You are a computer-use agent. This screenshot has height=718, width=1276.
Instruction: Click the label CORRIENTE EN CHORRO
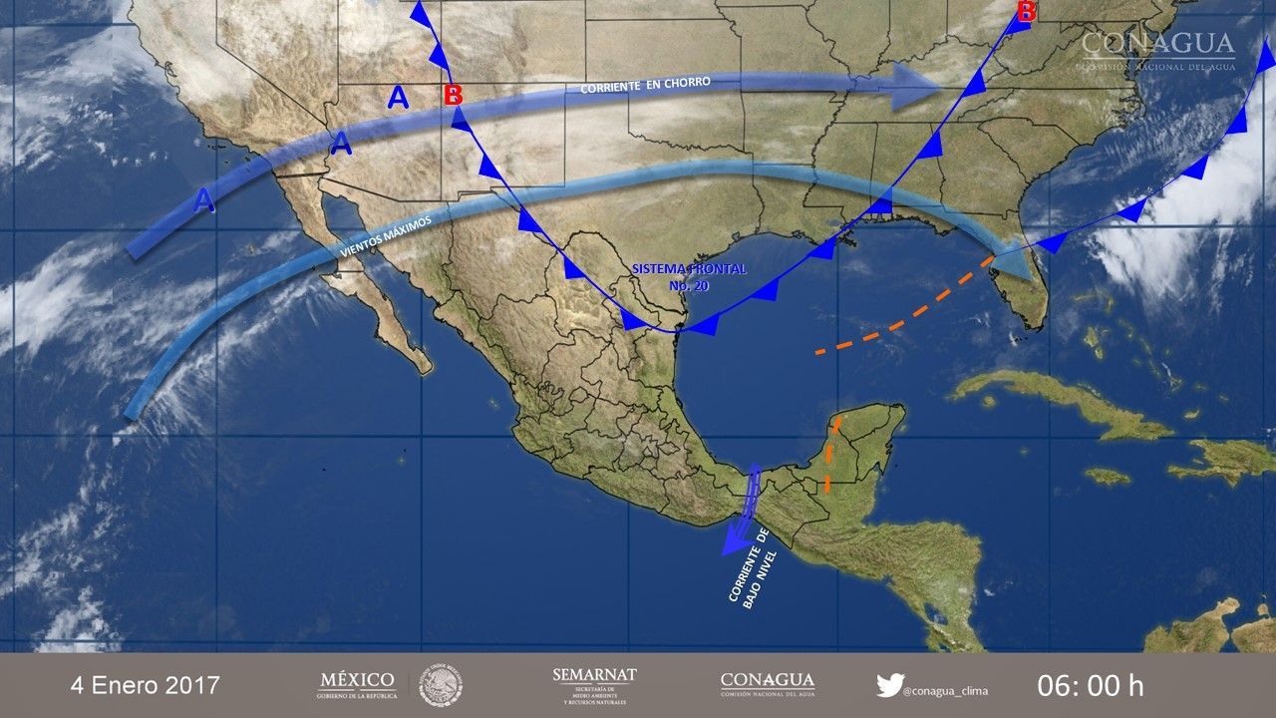(x=645, y=87)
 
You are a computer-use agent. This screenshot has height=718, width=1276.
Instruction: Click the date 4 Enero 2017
(x=145, y=685)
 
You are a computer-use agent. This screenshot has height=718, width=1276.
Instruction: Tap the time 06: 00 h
(x=1091, y=685)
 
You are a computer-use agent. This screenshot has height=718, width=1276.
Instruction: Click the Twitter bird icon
(x=889, y=685)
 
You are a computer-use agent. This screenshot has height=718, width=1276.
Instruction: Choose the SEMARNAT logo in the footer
(x=594, y=685)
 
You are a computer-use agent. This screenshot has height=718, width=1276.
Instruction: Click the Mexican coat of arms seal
(x=440, y=685)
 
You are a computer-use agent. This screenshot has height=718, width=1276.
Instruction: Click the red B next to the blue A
(x=454, y=96)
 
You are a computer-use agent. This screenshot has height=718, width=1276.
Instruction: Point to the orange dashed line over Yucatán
(x=831, y=455)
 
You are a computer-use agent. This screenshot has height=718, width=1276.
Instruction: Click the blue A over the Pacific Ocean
(x=203, y=200)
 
